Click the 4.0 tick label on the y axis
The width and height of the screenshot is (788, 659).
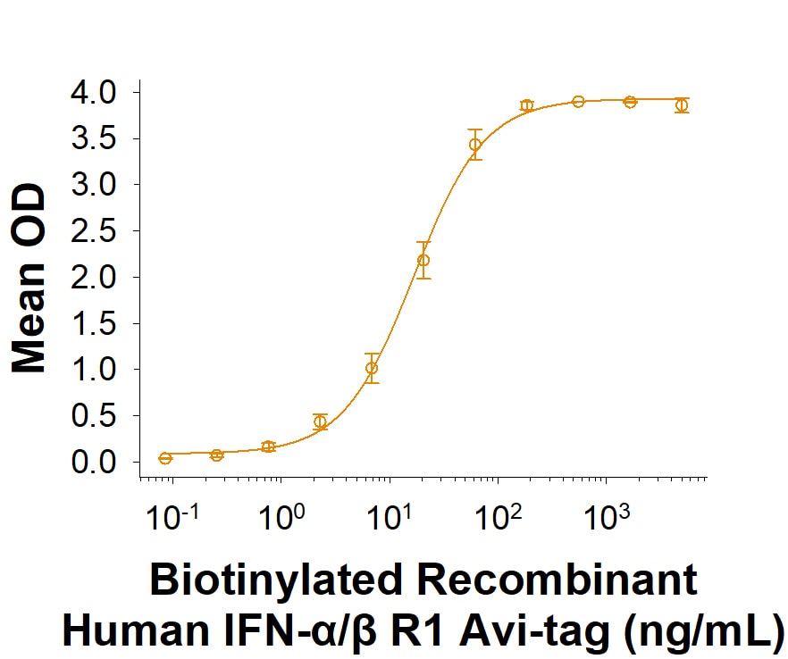point(93,93)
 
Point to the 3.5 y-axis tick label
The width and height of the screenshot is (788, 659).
point(93,138)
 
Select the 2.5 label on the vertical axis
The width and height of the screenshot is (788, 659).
point(93,231)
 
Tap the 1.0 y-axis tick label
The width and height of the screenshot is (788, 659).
point(93,369)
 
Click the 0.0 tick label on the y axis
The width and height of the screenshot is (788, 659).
point(93,462)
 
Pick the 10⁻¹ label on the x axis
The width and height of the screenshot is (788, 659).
point(172,516)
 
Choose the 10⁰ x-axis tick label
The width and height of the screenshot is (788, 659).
point(281,516)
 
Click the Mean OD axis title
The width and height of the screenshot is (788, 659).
point(29,279)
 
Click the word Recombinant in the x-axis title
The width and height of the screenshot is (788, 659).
point(556,580)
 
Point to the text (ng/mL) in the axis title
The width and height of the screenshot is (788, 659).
point(704,630)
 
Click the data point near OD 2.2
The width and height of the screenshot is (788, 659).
point(423,260)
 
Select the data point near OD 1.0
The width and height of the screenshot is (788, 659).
point(372,368)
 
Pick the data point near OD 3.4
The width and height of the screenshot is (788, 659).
point(475,145)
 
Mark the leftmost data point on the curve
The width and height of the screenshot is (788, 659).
point(165,458)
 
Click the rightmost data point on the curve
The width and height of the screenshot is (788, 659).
point(682,105)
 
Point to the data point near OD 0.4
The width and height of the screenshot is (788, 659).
point(320,421)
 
